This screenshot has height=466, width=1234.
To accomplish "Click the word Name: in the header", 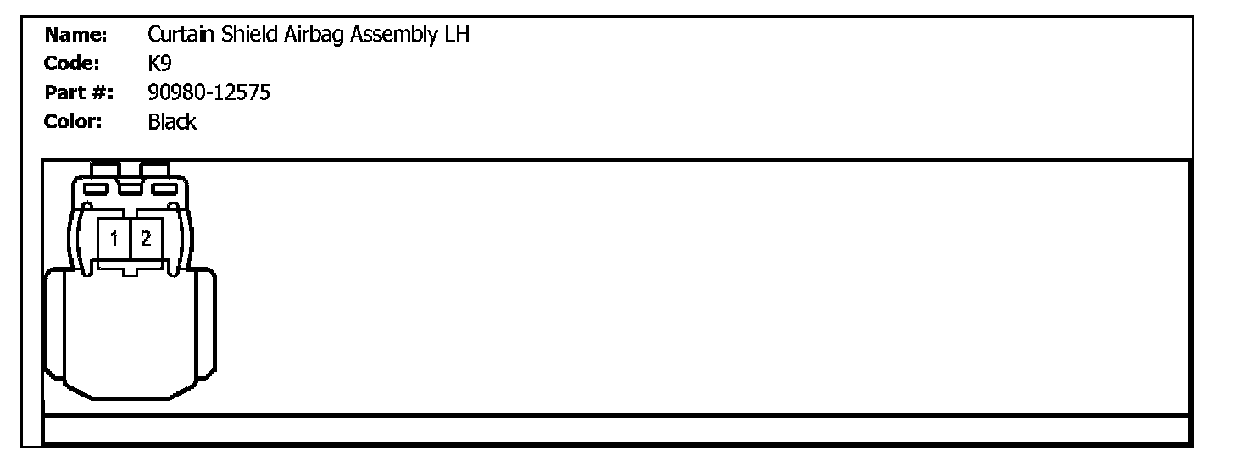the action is tap(75, 35).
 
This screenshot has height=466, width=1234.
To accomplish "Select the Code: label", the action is tap(72, 64).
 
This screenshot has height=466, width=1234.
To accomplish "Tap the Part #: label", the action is tap(80, 92).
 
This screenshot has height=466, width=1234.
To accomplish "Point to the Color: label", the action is tap(73, 121).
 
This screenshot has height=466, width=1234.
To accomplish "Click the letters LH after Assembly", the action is tap(457, 35).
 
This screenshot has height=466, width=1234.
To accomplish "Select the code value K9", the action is tap(159, 64).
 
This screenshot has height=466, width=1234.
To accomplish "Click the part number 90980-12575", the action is tap(208, 92).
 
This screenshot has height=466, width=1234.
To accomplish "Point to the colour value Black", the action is tap(172, 121).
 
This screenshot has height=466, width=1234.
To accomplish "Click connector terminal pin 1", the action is tap(113, 238).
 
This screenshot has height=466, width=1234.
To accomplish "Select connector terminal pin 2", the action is tap(146, 238).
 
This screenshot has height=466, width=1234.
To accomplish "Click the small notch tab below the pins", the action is tap(129, 270).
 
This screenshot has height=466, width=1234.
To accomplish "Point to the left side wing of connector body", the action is tap(54, 326).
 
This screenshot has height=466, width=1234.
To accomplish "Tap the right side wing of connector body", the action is tap(206, 326).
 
